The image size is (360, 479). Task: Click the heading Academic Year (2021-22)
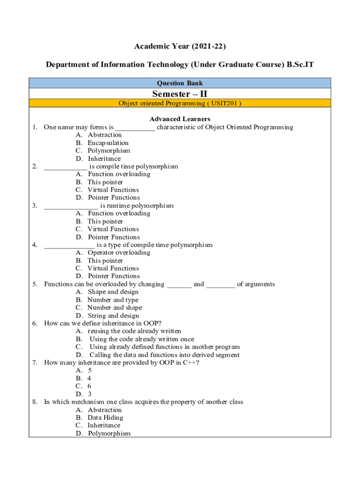click(180, 46)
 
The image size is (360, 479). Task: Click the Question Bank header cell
click(180, 83)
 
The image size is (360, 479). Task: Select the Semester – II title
click(180, 94)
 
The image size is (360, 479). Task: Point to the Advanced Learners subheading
click(180, 119)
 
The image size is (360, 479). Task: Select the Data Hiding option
click(105, 418)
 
